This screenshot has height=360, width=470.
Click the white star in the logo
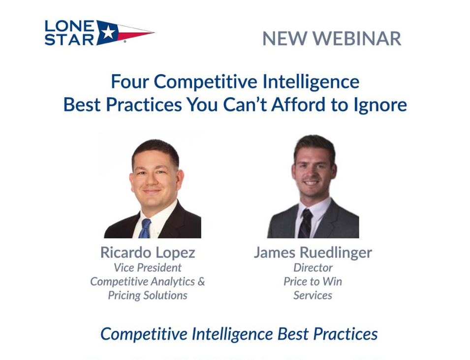tap(108, 32)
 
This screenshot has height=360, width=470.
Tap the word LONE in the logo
tap(69, 26)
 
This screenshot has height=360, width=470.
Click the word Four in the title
tap(130, 82)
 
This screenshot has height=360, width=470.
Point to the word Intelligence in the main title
tap(311, 82)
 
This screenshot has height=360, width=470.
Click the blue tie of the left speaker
tap(145, 229)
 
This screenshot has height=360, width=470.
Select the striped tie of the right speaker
tap(306, 224)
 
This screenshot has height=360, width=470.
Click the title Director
tap(313, 267)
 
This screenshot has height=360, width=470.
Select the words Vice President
tap(148, 267)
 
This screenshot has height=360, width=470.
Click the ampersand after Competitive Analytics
tap(201, 281)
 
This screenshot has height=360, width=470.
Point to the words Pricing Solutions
tap(148, 295)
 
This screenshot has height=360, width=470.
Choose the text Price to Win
tap(313, 281)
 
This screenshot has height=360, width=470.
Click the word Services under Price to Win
tap(313, 295)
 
